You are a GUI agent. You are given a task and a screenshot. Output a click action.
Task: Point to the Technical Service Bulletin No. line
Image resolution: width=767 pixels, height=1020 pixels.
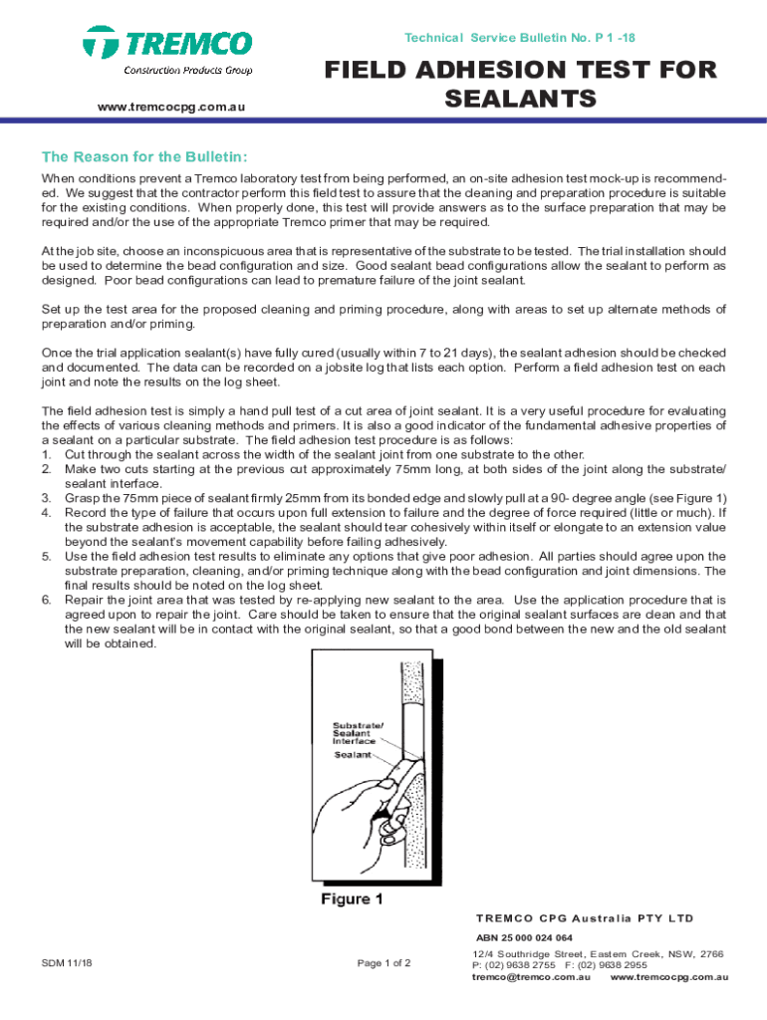pos(519,37)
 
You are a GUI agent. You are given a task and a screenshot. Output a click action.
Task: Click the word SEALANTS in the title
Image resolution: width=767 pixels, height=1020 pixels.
pos(519,99)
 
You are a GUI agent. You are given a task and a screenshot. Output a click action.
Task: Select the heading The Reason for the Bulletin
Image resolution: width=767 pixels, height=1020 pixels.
pos(143,157)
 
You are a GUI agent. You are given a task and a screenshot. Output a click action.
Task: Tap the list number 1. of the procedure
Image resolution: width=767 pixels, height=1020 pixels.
pos(47,454)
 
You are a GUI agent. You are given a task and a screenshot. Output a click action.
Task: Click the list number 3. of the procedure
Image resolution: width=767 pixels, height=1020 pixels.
pos(47,498)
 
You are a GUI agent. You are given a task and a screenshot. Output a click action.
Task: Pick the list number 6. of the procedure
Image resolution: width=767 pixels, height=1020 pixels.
pos(47,600)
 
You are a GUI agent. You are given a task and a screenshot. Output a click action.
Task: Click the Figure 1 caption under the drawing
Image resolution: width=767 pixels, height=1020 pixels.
pos(352,899)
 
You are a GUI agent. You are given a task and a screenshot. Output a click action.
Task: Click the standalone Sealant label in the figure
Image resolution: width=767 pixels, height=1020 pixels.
pos(353,755)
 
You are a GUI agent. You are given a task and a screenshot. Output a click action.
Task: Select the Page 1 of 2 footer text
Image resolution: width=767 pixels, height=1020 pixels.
pos(383,963)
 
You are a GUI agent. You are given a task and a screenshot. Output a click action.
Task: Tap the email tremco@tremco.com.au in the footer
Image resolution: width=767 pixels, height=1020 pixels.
pos(530,977)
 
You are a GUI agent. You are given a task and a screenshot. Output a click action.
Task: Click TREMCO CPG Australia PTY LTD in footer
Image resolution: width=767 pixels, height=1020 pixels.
pos(584,917)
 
